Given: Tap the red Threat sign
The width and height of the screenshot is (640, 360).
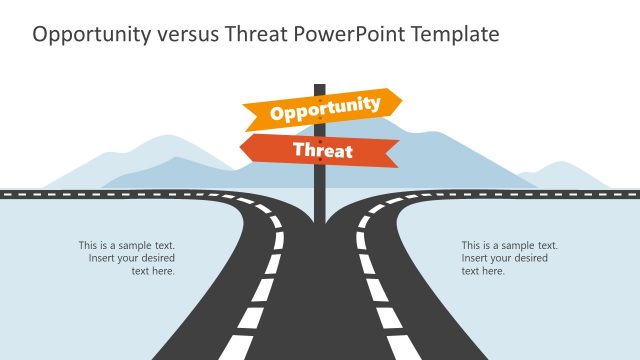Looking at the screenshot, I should (320, 151).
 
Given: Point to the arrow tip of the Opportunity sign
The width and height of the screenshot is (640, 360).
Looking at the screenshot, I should (400, 101).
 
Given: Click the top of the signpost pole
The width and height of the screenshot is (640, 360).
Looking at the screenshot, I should (320, 87).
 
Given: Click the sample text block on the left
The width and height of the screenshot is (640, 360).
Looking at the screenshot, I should (127, 258).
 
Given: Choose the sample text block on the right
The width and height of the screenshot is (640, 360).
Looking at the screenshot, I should (509, 258).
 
